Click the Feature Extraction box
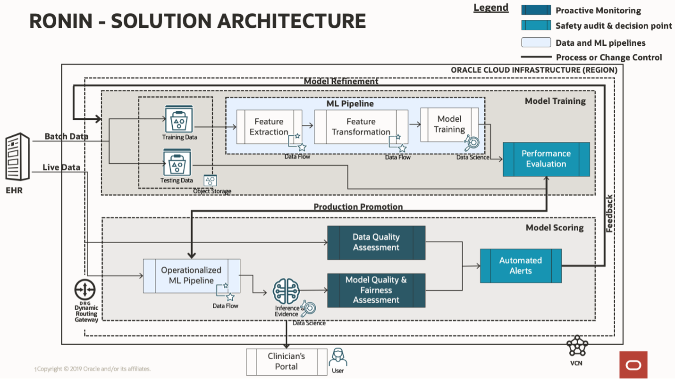[x=269, y=127]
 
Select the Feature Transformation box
[x=361, y=127]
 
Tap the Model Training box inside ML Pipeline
[x=449, y=124]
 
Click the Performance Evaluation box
[x=546, y=159]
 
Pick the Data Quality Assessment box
[x=376, y=242]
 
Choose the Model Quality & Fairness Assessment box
[x=376, y=290]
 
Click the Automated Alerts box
[x=521, y=266]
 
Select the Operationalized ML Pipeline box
[x=191, y=275]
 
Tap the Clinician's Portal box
[x=287, y=362]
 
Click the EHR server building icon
[x=17, y=157]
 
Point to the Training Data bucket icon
[x=179, y=119]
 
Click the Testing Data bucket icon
[x=177, y=162]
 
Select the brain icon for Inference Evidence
[x=287, y=291]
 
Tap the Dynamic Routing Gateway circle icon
[x=85, y=290]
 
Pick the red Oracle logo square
[x=633, y=365]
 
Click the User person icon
[x=338, y=357]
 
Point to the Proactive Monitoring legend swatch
[x=536, y=10]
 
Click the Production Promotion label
[x=358, y=207]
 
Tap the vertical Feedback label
[x=609, y=213]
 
